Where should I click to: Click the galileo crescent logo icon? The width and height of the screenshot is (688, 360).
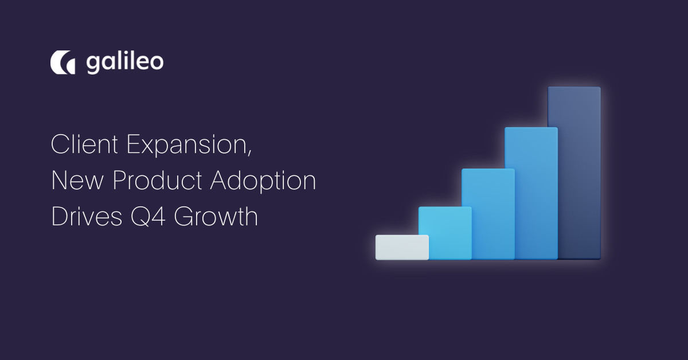click(x=62, y=63)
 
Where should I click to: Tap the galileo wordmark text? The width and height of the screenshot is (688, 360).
click(x=125, y=63)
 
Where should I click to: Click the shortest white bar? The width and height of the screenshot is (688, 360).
click(x=402, y=247)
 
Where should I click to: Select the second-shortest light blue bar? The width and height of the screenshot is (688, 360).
click(x=444, y=233)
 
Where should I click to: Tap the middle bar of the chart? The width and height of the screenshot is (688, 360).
click(x=487, y=214)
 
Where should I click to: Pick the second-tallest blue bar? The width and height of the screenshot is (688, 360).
click(x=530, y=193)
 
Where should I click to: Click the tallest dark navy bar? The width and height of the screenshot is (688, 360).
click(x=574, y=173)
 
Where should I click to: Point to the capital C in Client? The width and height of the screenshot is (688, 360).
click(x=60, y=146)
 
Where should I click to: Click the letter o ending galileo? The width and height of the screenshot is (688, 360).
click(x=156, y=65)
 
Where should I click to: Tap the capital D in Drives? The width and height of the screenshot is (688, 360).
click(x=60, y=217)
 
